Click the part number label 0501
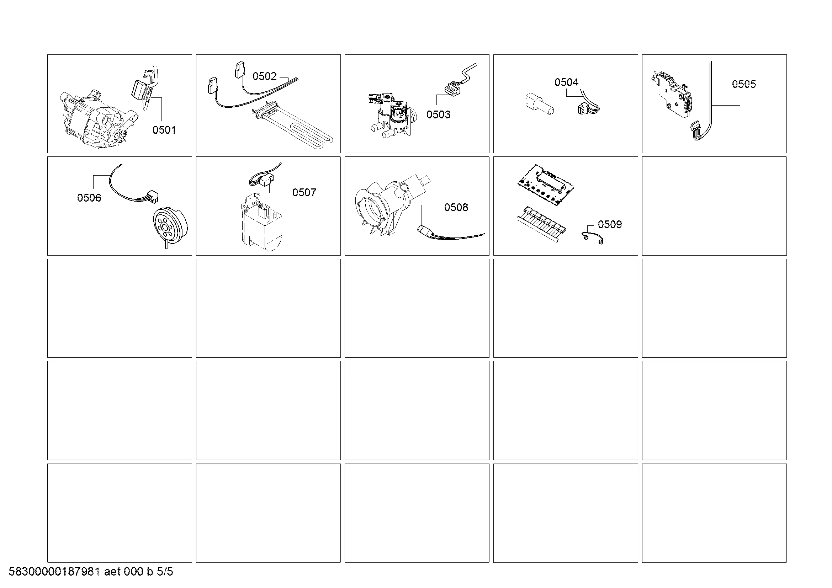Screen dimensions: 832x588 (164, 130)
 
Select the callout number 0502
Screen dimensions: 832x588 (265, 76)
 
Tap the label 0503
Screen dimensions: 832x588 (439, 114)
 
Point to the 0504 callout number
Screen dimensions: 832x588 (566, 82)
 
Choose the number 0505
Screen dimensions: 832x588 (744, 84)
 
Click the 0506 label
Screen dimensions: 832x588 (89, 198)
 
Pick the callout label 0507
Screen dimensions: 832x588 (304, 192)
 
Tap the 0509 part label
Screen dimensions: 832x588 (610, 224)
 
